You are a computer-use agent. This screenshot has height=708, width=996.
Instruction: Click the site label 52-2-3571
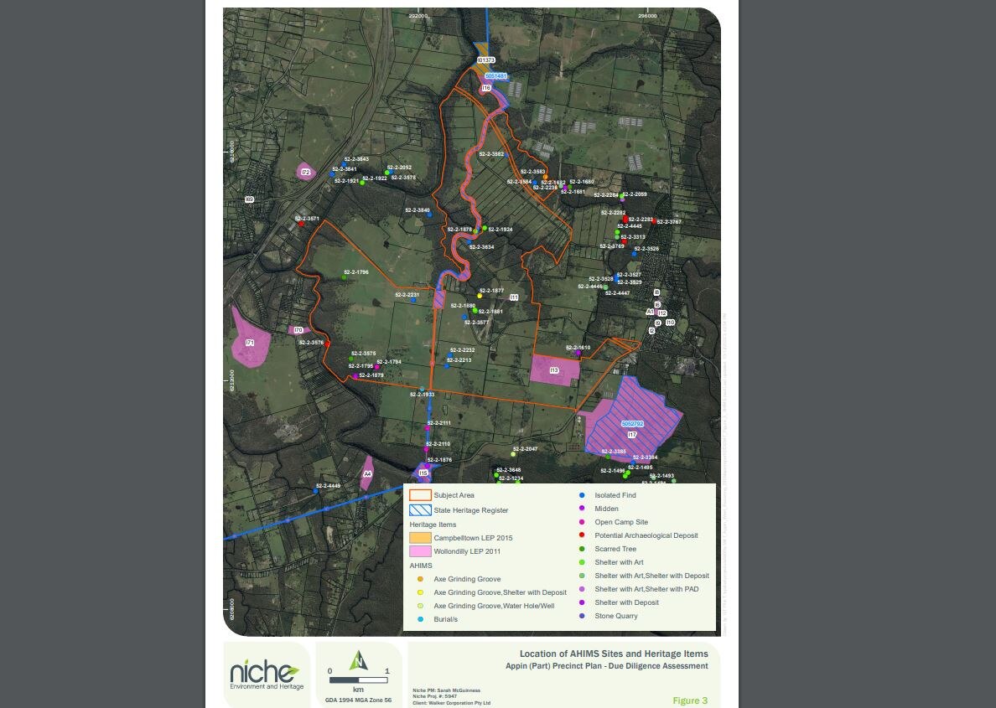(307, 219)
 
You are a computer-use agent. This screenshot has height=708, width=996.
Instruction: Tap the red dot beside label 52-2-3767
(654, 221)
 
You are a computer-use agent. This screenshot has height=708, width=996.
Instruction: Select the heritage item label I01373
(486, 60)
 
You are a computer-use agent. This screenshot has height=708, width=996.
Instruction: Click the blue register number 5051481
(495, 75)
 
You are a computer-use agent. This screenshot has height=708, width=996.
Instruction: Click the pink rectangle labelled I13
(554, 370)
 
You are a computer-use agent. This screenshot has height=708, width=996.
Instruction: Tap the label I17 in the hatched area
(632, 435)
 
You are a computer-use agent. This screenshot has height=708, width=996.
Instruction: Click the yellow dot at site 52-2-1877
(480, 296)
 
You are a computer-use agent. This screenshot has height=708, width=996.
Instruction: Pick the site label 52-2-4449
(328, 486)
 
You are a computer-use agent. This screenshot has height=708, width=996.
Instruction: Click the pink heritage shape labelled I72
(306, 173)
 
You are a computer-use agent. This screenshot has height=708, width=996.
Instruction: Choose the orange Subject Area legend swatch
(420, 495)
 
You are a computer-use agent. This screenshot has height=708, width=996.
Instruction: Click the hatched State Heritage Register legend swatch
(420, 509)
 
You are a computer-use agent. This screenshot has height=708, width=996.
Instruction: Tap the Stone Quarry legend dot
(582, 616)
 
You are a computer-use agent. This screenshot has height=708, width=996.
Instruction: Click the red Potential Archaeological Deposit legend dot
(582, 535)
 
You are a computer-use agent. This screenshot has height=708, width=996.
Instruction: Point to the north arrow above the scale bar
(359, 660)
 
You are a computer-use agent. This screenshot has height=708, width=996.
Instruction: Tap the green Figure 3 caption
(690, 700)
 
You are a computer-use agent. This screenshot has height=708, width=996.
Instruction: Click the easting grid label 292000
(418, 15)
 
